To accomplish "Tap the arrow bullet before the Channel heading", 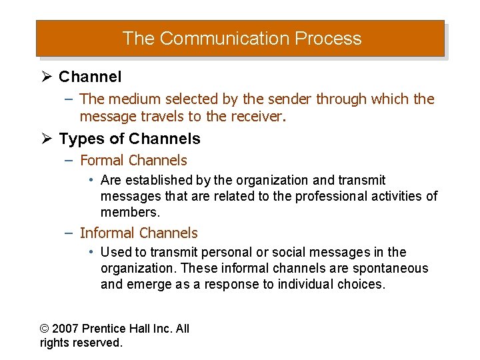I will (x=47, y=77).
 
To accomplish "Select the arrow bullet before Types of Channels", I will (x=47, y=139).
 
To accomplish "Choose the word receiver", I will (x=259, y=117).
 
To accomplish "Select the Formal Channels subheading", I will (x=133, y=161).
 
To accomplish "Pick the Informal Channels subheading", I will (x=139, y=233).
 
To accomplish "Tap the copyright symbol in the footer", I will (x=45, y=329).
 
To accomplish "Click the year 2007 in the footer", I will (x=66, y=329).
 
